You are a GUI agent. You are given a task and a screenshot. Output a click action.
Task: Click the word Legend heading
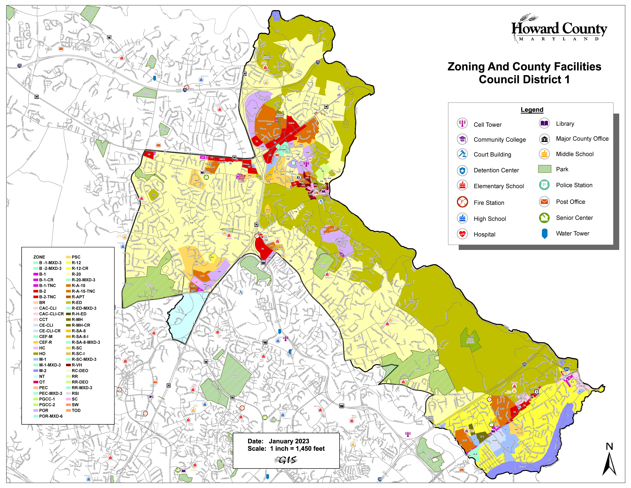pos(532,110)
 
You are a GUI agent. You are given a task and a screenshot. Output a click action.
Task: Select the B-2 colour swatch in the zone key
pos(36,291)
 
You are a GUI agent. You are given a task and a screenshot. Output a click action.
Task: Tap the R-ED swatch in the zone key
pos(68,302)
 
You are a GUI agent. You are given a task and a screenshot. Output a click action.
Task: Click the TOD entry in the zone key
pos(76,410)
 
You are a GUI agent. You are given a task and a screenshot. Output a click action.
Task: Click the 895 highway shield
pos(566,369)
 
